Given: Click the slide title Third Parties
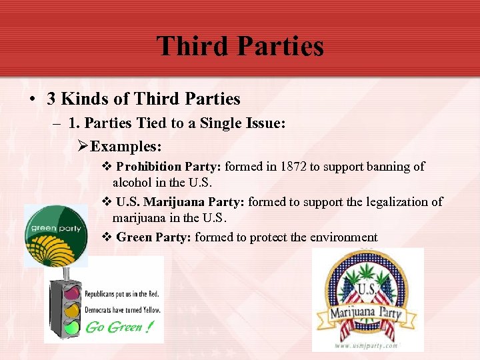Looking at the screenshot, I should point(240,46).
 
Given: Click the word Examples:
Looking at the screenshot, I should point(126,145).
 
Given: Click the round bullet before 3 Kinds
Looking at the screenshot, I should point(33,99).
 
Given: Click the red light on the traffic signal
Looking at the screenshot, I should point(72,292).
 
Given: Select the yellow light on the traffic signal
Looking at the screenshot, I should point(72,309).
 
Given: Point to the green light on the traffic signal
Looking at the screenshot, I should point(72,327).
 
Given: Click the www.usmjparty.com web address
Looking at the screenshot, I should point(367,346).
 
